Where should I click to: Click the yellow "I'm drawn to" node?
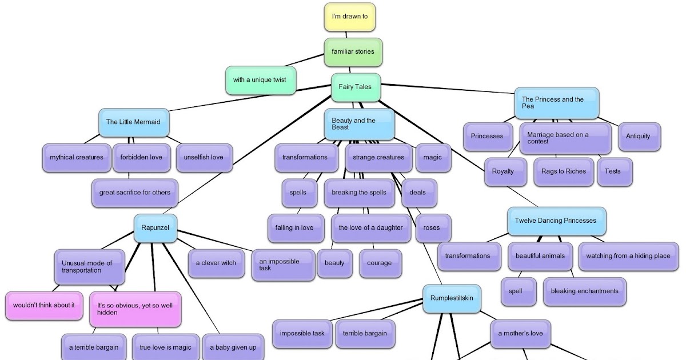coord(350,17)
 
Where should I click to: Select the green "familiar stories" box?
coord(353,51)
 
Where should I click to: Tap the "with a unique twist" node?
coord(261,80)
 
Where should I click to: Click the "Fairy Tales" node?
coord(356,87)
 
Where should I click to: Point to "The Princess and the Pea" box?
coord(556,103)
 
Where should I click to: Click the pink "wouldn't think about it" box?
coord(44,305)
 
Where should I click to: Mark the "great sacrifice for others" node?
coord(135,193)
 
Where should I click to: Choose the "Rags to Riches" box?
coord(564,171)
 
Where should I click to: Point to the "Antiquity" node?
coord(639,137)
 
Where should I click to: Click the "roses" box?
coord(432,227)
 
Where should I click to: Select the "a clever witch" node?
coord(216,263)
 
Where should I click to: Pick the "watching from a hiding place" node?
coord(628,256)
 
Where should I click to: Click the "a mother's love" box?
coord(521,333)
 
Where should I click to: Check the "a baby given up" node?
coord(233,347)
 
